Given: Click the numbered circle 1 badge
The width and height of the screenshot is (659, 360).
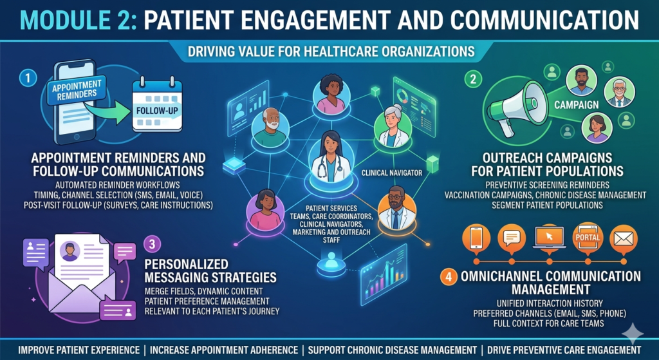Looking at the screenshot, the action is coord(28,79).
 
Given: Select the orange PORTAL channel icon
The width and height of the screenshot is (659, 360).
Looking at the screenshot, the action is coord(588,238).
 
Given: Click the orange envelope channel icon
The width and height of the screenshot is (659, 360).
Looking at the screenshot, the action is coord(623,238).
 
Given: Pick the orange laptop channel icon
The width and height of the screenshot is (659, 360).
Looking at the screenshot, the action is coord(550,238).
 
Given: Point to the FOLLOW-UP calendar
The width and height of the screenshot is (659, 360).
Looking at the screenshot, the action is coord(157,107).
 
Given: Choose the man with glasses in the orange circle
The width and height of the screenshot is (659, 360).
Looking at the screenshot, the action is coord(396,208).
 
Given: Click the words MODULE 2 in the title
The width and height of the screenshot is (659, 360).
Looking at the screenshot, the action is coord(78,20).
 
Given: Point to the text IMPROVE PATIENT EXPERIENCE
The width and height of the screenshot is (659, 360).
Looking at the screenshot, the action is coord(79,350).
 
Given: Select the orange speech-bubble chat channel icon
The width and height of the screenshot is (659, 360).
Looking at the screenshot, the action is coord(512,238).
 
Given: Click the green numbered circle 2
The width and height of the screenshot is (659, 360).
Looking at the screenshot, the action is coord(473,79).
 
